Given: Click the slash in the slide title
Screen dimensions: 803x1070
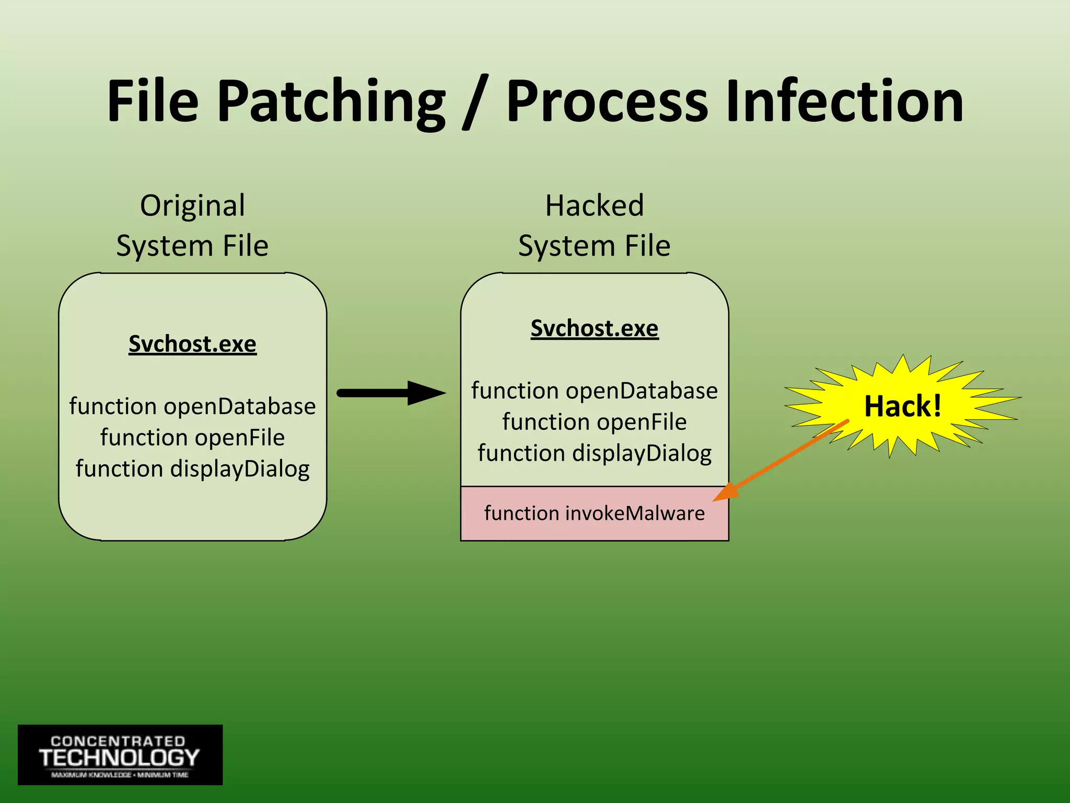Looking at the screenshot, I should click(x=475, y=102).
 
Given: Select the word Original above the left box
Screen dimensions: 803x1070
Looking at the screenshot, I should click(x=192, y=206).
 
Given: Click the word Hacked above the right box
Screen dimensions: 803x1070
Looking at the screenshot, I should click(x=595, y=205).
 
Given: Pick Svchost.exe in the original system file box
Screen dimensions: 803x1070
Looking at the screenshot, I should click(x=192, y=344).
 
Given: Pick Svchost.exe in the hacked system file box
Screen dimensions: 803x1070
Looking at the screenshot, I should click(x=595, y=328).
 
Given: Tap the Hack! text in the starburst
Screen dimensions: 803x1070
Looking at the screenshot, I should click(x=902, y=406).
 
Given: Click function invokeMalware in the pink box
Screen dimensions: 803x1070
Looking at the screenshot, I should click(x=595, y=513).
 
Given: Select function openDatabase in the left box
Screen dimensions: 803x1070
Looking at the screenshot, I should click(x=192, y=406).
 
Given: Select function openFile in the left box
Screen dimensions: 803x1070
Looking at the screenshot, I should click(x=192, y=438).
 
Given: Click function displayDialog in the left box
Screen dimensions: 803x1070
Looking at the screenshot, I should click(x=192, y=468).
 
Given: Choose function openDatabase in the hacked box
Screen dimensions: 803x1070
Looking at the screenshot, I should click(x=595, y=391).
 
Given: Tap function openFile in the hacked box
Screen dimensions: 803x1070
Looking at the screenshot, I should click(x=595, y=422).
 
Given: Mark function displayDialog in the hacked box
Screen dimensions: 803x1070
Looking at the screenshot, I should click(x=595, y=453).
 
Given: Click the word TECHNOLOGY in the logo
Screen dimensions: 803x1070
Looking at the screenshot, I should click(x=119, y=758).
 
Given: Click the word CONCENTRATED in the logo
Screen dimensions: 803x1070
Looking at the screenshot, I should click(x=118, y=741).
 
